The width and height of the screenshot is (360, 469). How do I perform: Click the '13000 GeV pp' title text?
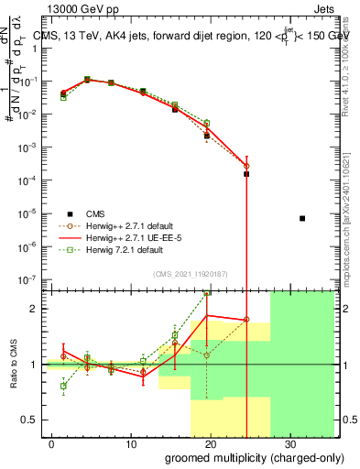[85, 10]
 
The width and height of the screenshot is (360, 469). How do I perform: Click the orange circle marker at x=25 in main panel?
[246, 166]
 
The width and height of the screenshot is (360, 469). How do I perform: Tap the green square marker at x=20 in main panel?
[207, 123]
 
